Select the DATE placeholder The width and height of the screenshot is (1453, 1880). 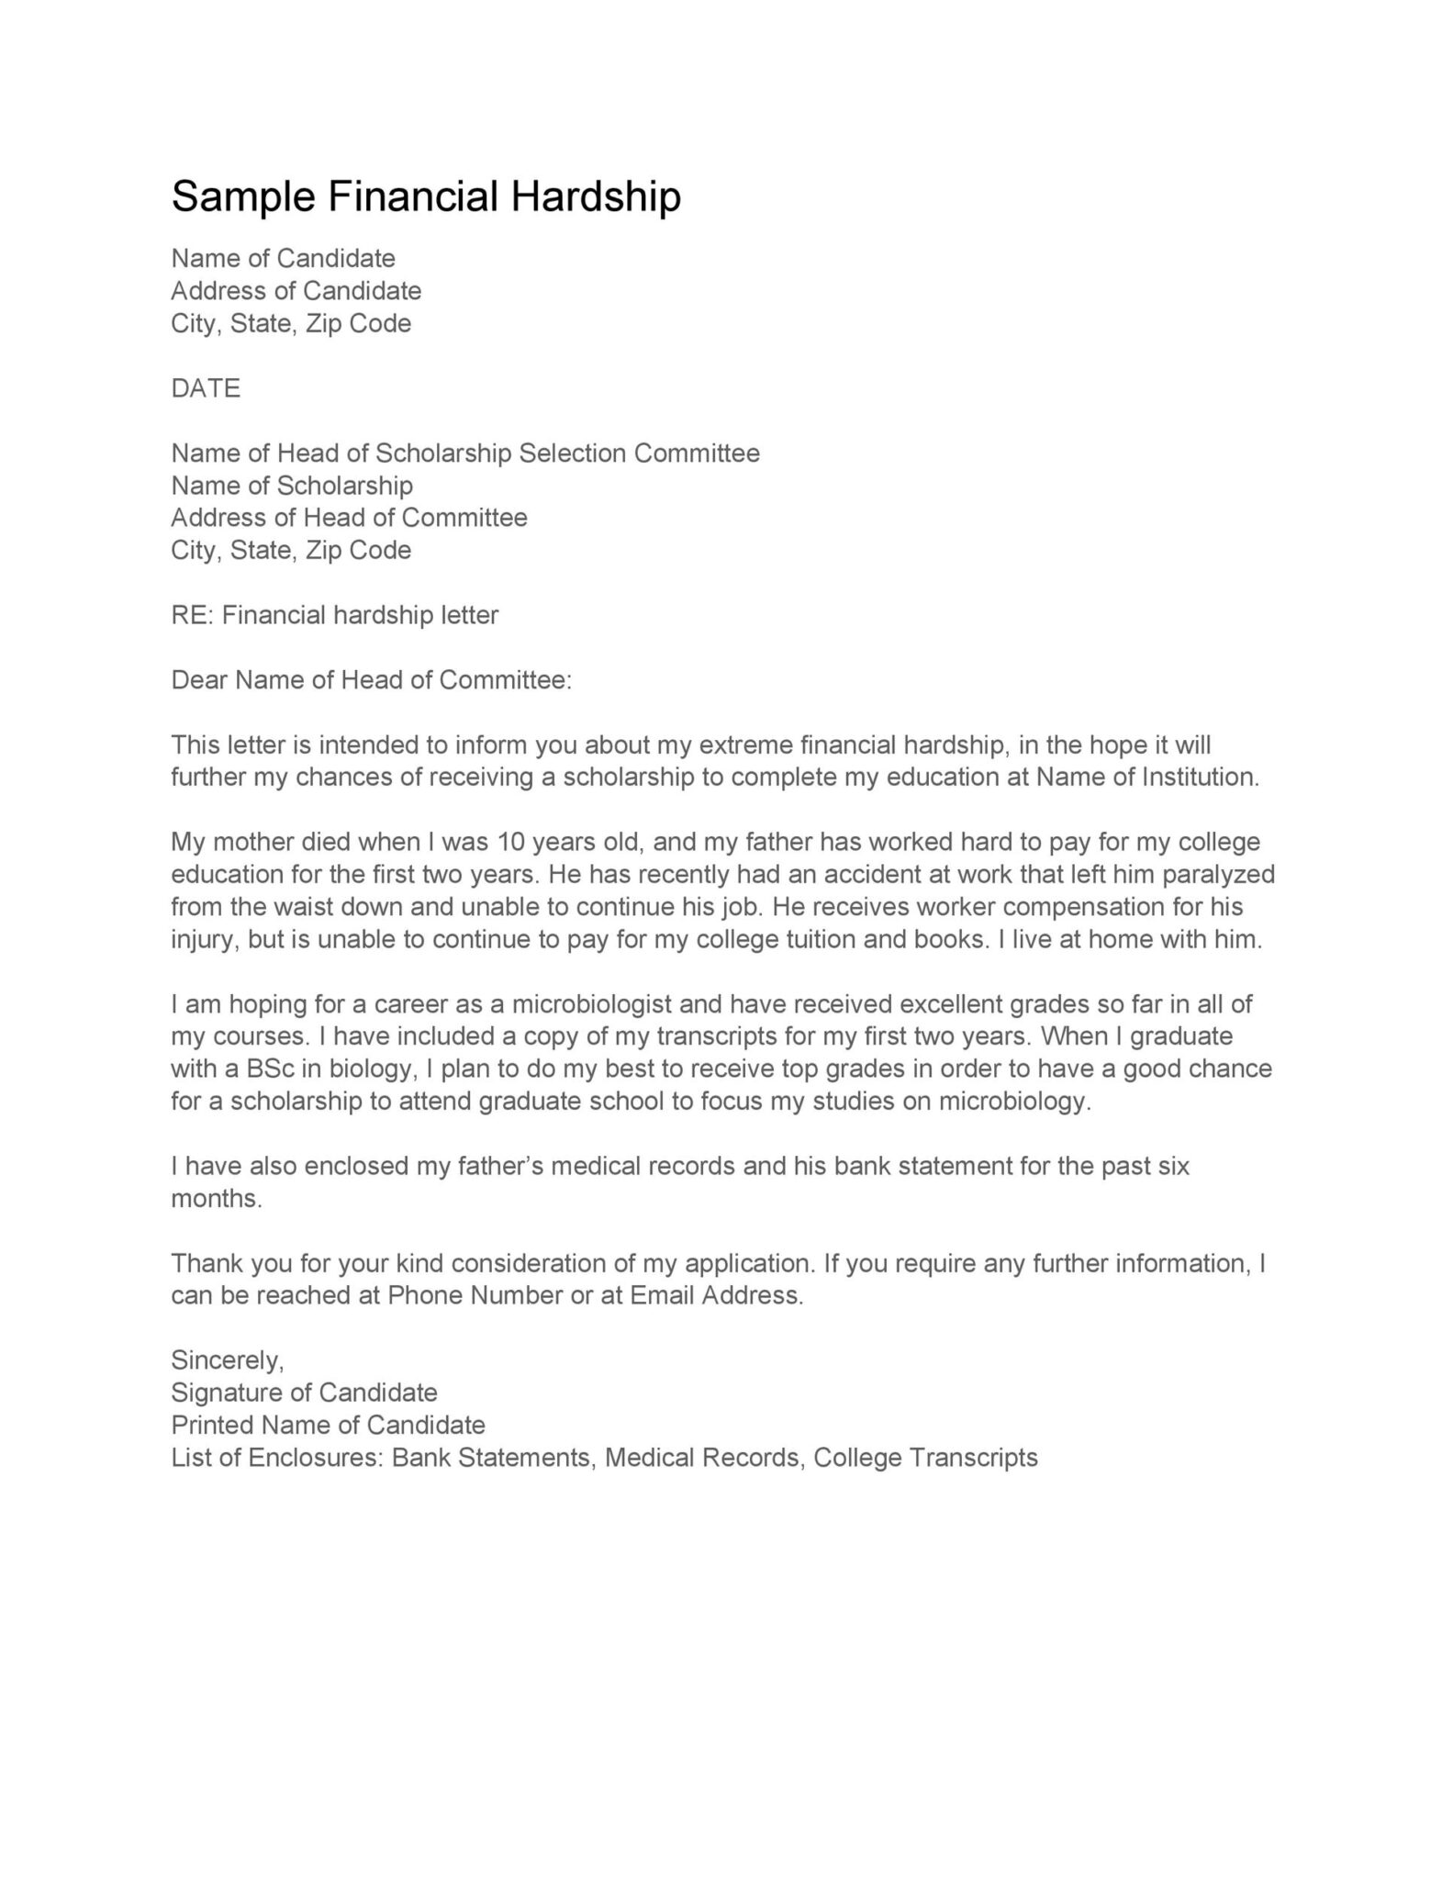click(206, 388)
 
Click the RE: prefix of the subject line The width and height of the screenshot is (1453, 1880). click(192, 615)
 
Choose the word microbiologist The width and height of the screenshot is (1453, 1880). click(588, 1004)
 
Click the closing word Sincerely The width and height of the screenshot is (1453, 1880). click(227, 1360)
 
